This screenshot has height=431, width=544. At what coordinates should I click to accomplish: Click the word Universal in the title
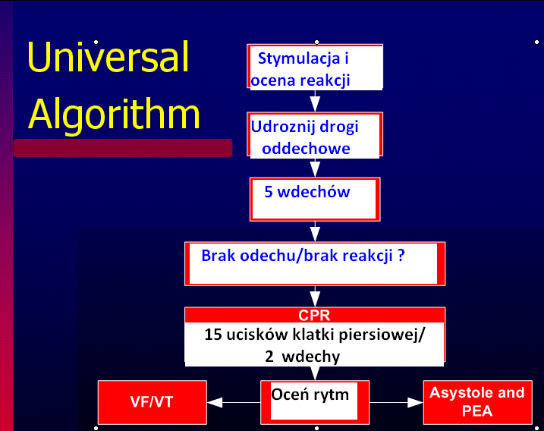coord(108,57)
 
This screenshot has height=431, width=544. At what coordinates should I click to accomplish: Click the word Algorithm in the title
coord(114,115)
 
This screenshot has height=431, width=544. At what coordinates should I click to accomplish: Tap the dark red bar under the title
coord(123,148)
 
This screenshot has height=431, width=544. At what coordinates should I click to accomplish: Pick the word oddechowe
coord(306,149)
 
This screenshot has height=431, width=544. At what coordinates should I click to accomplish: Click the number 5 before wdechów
coord(269,192)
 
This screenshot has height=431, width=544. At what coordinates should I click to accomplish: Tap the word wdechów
coord(313,192)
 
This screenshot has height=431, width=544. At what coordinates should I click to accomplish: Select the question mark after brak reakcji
coord(401,255)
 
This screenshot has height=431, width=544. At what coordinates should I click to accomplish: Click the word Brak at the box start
coord(219,256)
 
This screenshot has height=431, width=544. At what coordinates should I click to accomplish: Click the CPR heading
coord(314,315)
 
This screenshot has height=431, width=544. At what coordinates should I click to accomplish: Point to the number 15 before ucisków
coord(212,335)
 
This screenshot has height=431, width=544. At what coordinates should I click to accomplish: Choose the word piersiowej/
coord(382,335)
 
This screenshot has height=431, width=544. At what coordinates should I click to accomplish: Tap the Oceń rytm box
coord(315,402)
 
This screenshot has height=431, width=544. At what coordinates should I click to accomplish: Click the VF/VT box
coord(153,402)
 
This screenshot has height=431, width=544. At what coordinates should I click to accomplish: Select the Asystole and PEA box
coord(478,402)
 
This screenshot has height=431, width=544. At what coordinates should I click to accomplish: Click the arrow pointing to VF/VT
coord(234,402)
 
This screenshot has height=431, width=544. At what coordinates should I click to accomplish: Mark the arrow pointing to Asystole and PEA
coord(396,402)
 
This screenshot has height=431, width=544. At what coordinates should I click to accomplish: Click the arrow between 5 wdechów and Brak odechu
coord(315,231)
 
